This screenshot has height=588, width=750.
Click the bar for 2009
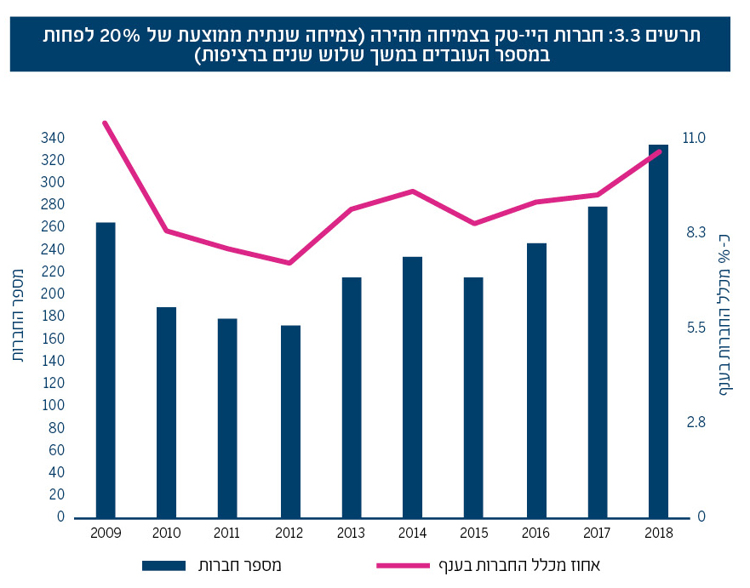tap(106, 370)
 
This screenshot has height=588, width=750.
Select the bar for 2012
tap(290, 421)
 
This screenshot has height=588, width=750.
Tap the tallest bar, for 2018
tap(658, 331)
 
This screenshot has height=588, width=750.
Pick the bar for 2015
tap(474, 397)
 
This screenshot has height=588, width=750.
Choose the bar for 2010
tap(166, 412)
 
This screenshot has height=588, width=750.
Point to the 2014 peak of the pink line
tap(413, 191)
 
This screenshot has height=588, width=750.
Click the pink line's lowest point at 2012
tap(290, 263)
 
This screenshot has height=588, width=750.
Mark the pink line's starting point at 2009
tap(105, 123)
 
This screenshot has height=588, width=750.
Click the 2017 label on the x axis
tap(597, 533)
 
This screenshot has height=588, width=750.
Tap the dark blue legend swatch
tap(174, 565)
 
